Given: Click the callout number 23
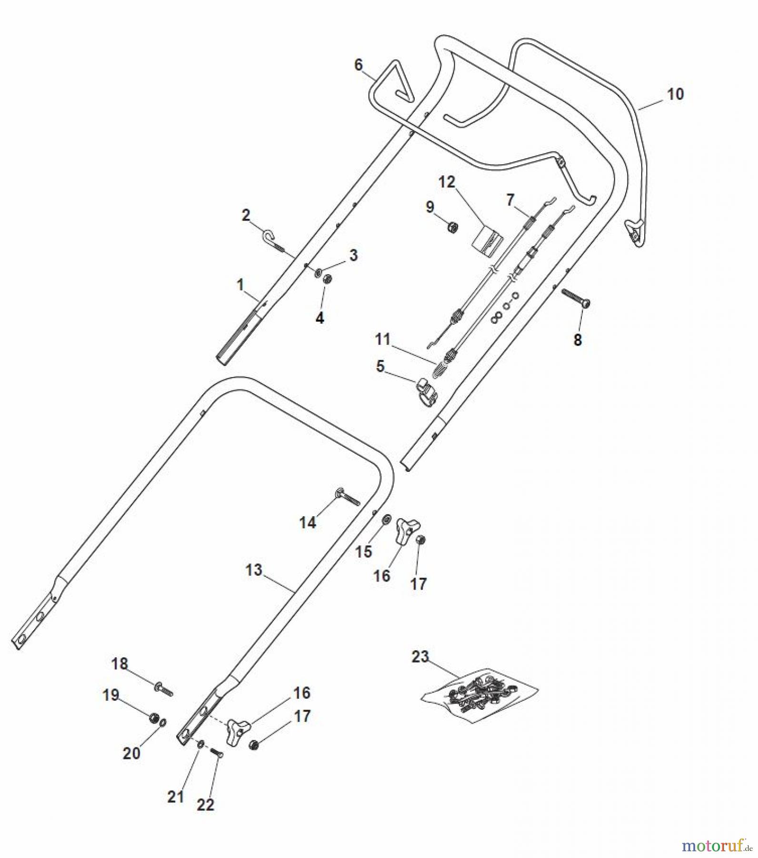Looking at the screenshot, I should pos(420,657).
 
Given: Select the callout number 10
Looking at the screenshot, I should pos(675,94).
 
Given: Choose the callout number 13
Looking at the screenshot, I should pos(253,570).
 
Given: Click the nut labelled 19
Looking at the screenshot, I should pos(154,718).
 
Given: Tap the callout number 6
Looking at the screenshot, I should pos(358,64).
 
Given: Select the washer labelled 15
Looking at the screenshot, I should pos(387,518).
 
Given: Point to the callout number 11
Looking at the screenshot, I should pos(382,339).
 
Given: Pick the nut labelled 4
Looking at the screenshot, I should pos(327,279).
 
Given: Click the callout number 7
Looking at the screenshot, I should pos(510,199).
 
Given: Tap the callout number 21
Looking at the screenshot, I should pos(175,796).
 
